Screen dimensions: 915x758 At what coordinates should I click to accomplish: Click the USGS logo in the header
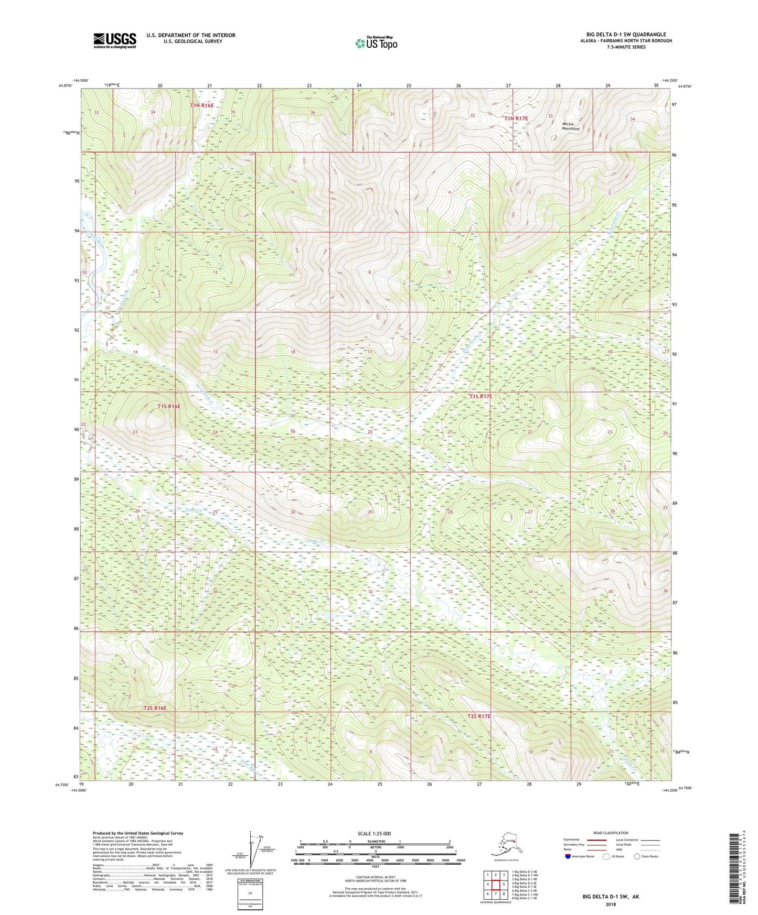click(114, 40)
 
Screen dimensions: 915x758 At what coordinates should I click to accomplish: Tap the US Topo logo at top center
click(376, 42)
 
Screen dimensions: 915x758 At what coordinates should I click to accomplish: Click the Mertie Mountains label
click(571, 126)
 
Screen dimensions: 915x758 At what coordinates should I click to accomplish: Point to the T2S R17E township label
click(479, 716)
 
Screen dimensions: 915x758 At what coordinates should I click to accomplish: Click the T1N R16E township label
click(201, 105)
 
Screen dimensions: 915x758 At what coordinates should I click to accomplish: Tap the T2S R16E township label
click(155, 708)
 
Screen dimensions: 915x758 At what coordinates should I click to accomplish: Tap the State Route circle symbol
click(637, 856)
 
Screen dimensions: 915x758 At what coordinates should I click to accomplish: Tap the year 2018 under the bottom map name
click(610, 904)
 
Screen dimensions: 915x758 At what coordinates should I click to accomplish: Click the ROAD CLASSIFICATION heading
click(611, 833)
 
